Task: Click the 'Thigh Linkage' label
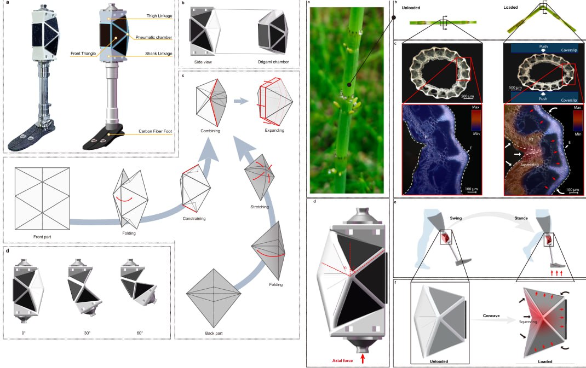coord(159,16)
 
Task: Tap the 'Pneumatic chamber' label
coord(153,37)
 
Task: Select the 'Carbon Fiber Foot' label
coord(155,131)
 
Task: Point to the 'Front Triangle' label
coord(83,54)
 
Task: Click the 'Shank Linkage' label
coord(158,54)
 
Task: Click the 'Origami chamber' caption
coord(273,62)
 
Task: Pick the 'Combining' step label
coord(210,131)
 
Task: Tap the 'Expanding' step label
coord(275,131)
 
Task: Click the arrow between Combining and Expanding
coord(242,101)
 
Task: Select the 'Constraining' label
coord(194,219)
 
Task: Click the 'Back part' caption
coord(214,334)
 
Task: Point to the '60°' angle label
coord(140,333)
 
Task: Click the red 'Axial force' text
coord(342,360)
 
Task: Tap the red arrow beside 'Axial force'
coord(362,359)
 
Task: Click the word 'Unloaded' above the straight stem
coord(411,8)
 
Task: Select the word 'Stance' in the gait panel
coord(521,218)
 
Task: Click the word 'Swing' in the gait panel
coord(456,218)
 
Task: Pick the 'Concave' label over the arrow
coord(491,316)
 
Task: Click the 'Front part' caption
coord(42,237)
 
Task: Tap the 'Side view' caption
coord(203,62)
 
